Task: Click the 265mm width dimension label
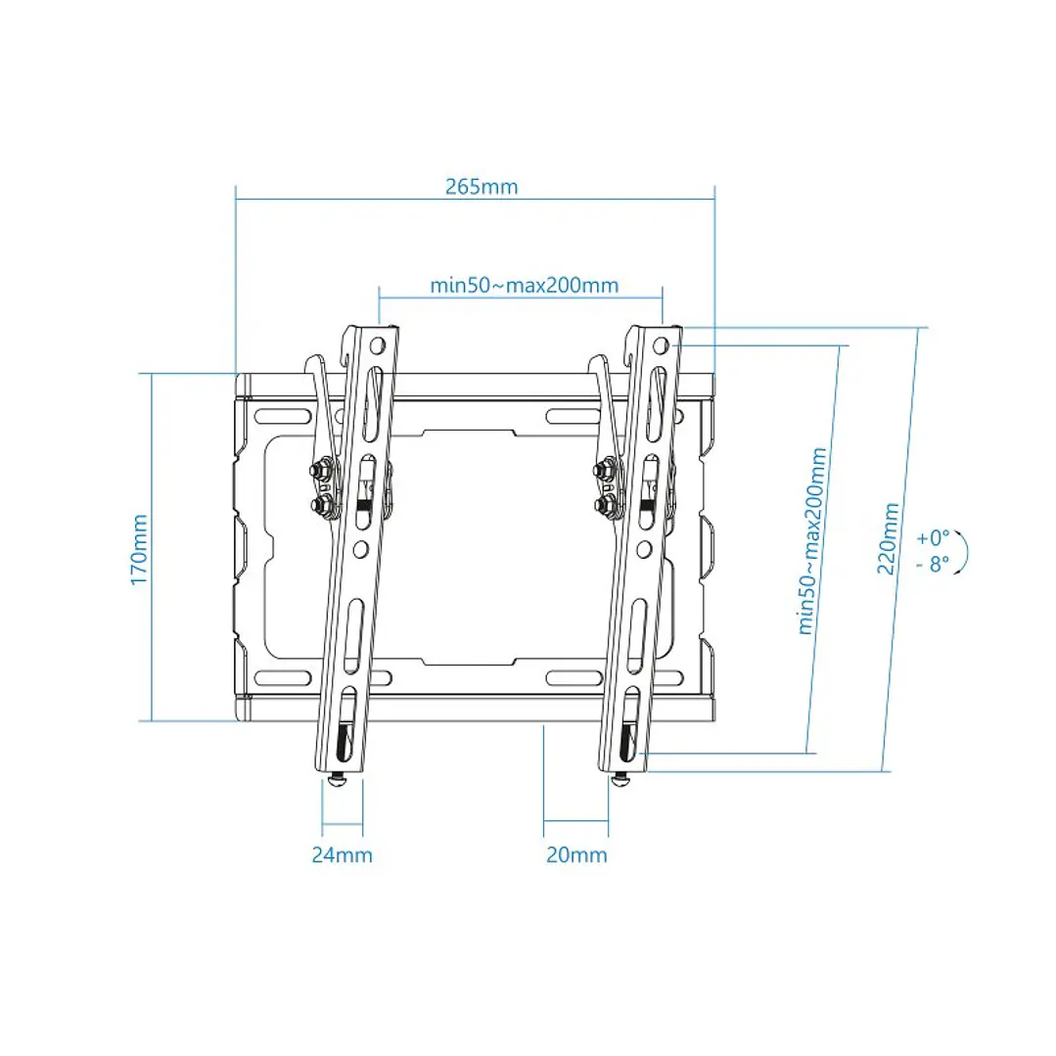tap(481, 187)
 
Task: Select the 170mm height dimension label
tap(139, 550)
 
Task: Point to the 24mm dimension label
tap(342, 854)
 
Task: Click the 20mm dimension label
tap(576, 854)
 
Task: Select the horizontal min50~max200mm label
tap(524, 285)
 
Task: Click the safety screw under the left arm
tap(338, 780)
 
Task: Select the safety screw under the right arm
tap(620, 780)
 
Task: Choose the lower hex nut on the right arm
tap(606, 505)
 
